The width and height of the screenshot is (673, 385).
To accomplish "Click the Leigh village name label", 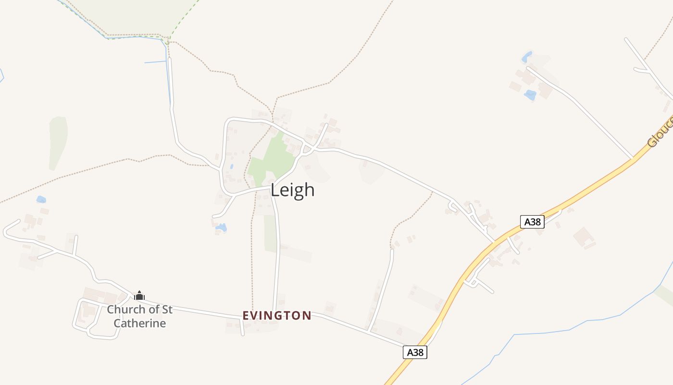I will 292,190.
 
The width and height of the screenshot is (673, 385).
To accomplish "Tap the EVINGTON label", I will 277,316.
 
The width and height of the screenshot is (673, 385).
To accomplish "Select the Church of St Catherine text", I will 139,316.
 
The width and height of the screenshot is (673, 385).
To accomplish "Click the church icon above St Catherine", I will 139,295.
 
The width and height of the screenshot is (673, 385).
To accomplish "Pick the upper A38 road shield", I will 532,222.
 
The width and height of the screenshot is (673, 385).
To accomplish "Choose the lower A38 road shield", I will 414,352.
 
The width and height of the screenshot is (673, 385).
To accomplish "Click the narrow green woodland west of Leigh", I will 58,142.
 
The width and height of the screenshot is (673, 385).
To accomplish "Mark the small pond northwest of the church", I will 41,199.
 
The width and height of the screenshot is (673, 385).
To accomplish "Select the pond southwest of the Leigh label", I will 221,227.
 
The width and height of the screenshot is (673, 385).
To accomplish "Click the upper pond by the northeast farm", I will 527,57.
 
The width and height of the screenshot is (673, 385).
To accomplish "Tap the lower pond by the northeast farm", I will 530,95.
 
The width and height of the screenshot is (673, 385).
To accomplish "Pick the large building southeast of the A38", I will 584,237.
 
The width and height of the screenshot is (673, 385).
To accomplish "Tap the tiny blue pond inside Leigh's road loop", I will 231,167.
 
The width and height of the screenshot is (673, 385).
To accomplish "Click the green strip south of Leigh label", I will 270,233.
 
